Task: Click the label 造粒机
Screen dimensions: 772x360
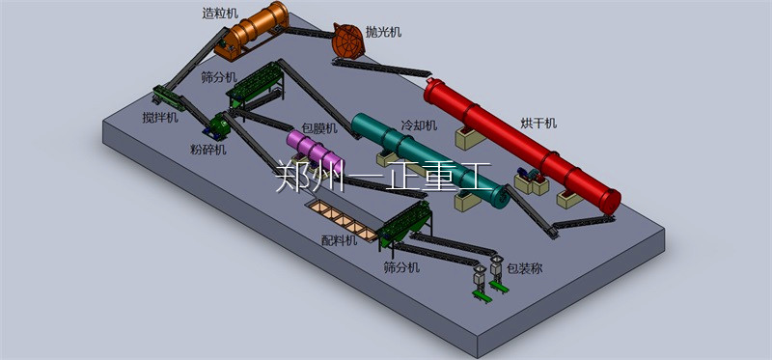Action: [x=220, y=14]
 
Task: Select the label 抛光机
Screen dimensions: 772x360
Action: [x=383, y=32]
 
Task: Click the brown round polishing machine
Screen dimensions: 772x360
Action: [x=348, y=41]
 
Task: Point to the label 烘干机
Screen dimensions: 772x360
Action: [x=538, y=124]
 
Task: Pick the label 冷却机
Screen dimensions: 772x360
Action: [x=419, y=125]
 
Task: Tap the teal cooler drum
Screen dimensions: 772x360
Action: [x=429, y=160]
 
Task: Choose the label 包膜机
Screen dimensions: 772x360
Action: [x=318, y=129]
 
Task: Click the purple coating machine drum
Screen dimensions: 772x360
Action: [x=315, y=151]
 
